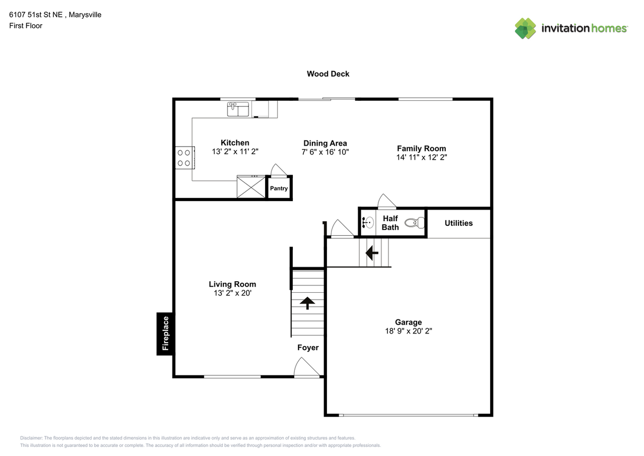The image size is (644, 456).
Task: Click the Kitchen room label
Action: pos(235,143)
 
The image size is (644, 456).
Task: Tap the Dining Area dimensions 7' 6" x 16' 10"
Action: pos(325,152)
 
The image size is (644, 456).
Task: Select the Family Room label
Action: pos(422,149)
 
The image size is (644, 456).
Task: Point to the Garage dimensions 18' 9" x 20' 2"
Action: pos(409,331)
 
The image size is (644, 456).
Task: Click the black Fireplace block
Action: pos(166,334)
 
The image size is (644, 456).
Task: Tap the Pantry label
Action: pos(279,188)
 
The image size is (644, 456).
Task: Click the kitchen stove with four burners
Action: pos(185,158)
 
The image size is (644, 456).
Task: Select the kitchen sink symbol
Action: pos(238,109)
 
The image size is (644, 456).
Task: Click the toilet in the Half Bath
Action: pos(415,223)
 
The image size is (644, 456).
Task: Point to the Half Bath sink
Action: pos(368,223)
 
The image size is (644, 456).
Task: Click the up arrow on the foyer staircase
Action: pos(307,303)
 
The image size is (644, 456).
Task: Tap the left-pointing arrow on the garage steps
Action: pos(372,253)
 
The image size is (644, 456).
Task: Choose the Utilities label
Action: pos(458,223)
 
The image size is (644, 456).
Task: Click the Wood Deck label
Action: pos(328,74)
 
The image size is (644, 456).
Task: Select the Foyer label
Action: pos(308,348)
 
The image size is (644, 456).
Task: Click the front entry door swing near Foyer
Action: pos(307,367)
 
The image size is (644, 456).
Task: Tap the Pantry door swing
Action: pos(279,170)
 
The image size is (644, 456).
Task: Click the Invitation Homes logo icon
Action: pos(525,29)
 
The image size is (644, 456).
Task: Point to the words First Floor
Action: pos(26,26)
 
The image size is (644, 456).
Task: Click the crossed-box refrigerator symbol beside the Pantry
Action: pos(251,187)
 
